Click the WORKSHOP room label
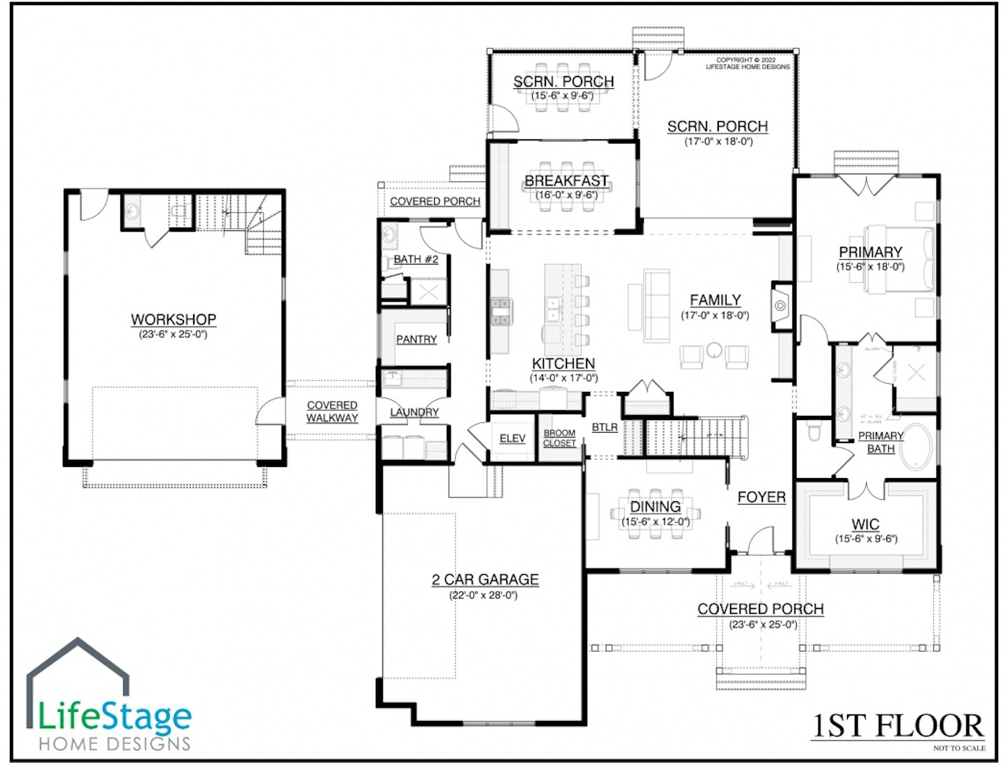point(174,319)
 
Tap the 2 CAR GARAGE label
point(484,580)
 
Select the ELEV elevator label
point(512,438)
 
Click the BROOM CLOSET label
point(559,438)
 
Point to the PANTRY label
point(416,339)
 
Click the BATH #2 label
point(416,259)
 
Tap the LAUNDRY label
point(414,412)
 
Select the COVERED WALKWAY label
point(332,412)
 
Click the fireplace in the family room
point(780,305)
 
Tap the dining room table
point(655,521)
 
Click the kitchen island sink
point(554,309)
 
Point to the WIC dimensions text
point(866,539)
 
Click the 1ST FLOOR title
point(898,727)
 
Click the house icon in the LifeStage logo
point(78,672)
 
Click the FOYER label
point(761,497)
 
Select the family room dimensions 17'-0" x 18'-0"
point(715,316)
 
